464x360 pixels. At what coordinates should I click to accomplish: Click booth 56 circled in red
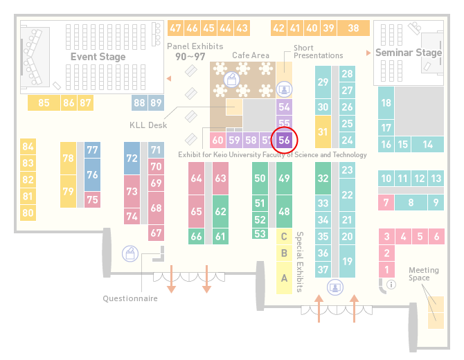(284, 140)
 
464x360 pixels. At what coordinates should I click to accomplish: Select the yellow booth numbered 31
(323, 132)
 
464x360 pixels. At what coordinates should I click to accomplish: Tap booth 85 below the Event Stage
(44, 103)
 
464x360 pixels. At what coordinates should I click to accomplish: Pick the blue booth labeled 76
(92, 174)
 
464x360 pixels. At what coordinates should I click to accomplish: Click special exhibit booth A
(284, 278)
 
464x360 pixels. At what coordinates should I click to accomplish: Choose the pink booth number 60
(217, 140)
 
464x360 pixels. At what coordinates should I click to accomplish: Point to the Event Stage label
(98, 57)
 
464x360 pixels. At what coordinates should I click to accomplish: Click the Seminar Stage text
(409, 53)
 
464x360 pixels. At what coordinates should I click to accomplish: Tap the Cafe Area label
(251, 55)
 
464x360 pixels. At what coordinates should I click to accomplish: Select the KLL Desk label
(148, 125)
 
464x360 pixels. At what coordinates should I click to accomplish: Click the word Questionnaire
(130, 298)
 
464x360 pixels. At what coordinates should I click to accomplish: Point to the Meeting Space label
(424, 274)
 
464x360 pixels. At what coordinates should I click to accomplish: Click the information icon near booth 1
(391, 285)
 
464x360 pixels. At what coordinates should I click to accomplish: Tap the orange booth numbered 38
(354, 28)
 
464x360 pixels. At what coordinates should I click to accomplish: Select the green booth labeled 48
(284, 211)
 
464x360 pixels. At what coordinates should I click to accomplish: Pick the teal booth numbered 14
(427, 145)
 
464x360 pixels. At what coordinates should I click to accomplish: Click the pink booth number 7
(386, 203)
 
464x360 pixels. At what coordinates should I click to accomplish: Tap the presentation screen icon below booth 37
(335, 287)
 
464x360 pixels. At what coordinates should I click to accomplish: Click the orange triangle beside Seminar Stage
(368, 53)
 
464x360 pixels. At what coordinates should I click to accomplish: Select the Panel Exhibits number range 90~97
(190, 57)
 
